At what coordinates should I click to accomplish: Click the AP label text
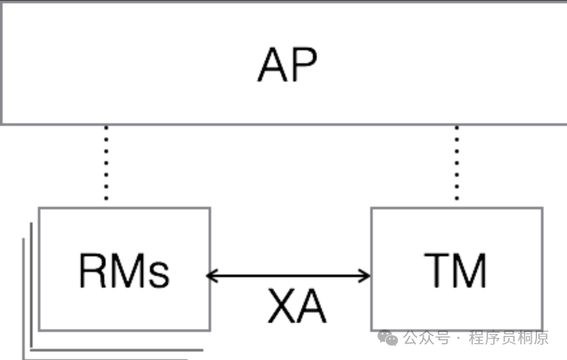pos(287,65)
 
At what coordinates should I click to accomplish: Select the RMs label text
pos(124,271)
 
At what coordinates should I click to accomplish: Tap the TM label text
pos(456,271)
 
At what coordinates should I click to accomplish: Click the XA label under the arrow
pos(297,307)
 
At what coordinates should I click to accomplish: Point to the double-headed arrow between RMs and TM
pos(289,276)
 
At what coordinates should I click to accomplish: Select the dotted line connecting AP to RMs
pos(106,163)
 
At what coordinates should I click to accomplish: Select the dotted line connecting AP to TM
pos(457,163)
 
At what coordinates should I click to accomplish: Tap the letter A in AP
pos(272,65)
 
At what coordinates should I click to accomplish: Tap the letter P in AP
pos(304,65)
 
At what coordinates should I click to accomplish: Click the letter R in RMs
pos(93,271)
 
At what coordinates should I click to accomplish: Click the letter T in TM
pos(438,271)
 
